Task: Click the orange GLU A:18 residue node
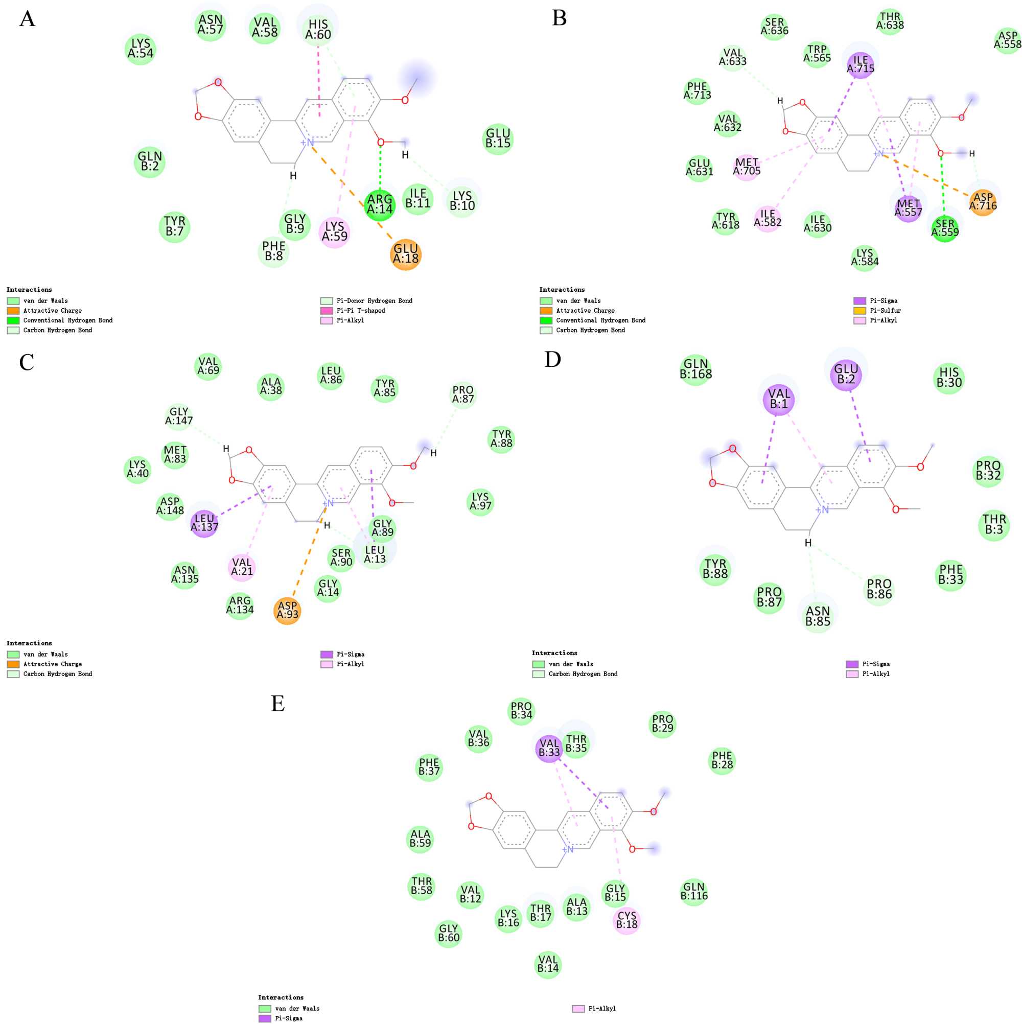tap(406, 254)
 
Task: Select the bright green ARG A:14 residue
tap(380, 204)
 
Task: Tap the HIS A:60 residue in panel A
tap(318, 30)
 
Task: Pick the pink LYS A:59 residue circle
tap(335, 231)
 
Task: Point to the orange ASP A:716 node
tap(982, 202)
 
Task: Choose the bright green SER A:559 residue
tap(945, 228)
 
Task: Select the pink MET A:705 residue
tap(747, 167)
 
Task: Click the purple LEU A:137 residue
tap(204, 523)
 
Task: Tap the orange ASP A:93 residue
tap(287, 610)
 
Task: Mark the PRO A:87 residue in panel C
tap(463, 394)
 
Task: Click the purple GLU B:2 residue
tap(846, 374)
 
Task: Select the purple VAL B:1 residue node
tap(779, 399)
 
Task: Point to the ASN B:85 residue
tap(818, 616)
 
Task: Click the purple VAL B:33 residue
tap(549, 748)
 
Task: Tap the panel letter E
tap(278, 703)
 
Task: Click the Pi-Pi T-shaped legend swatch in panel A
tap(327, 311)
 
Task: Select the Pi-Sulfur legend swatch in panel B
tap(860, 311)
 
